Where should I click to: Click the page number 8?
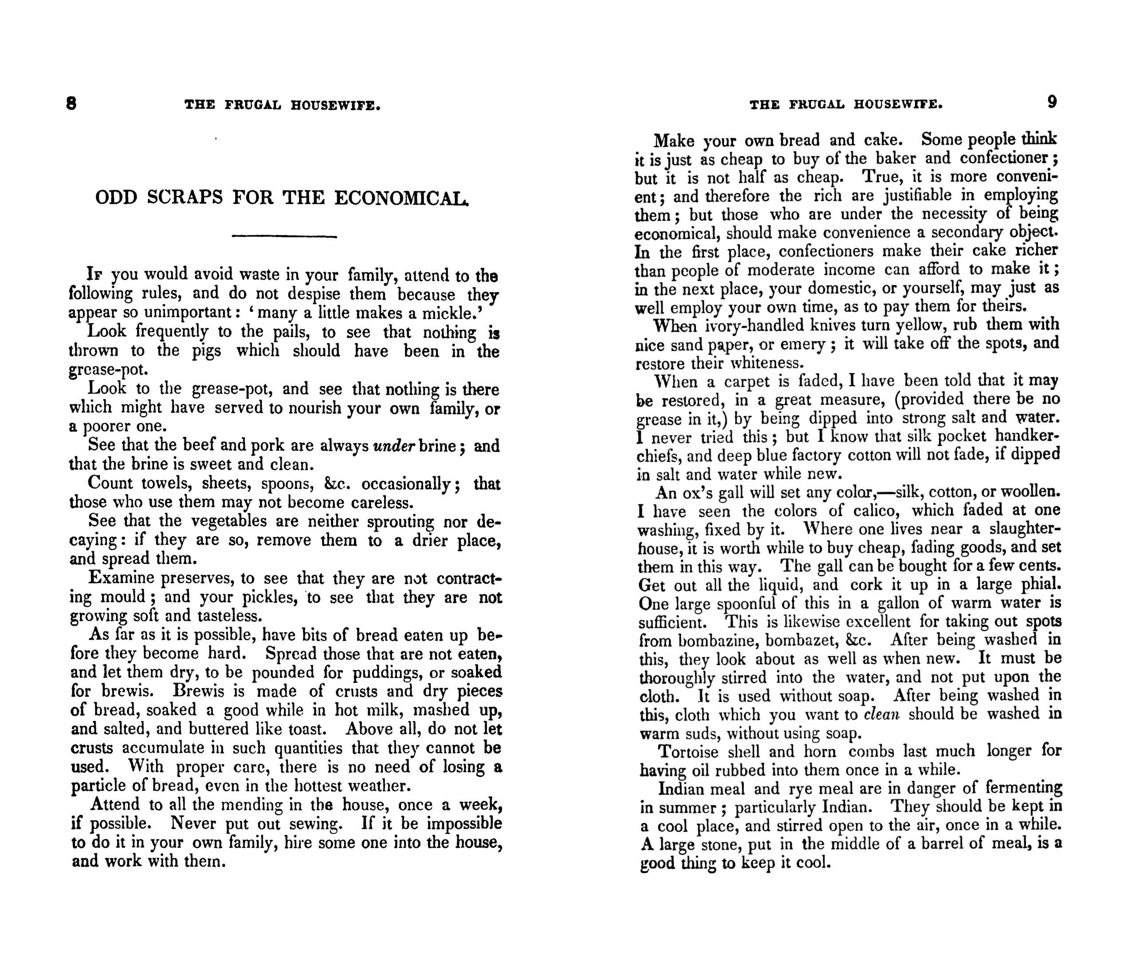(x=71, y=103)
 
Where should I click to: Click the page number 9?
(x=1052, y=102)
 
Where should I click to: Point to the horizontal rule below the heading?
(x=284, y=236)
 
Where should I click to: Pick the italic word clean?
(x=881, y=714)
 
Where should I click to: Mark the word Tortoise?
(x=689, y=752)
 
